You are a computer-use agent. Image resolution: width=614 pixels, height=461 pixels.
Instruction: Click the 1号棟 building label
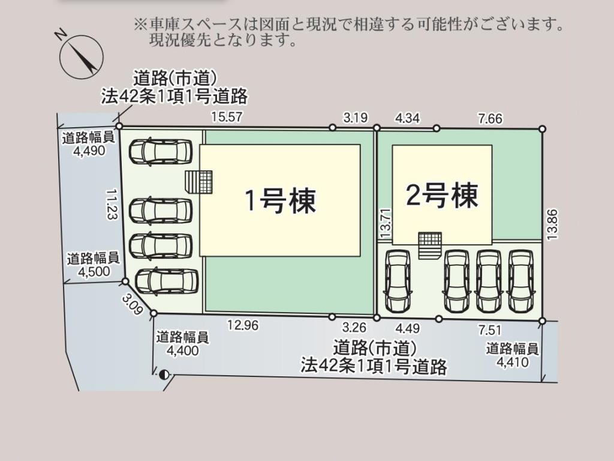(281, 200)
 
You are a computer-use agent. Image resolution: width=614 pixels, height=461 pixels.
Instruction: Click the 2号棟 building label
(442, 195)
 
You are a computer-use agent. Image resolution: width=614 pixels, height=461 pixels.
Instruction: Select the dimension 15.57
(227, 117)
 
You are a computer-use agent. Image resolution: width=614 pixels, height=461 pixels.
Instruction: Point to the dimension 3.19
(356, 118)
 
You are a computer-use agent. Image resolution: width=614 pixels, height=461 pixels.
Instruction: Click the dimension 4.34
(407, 118)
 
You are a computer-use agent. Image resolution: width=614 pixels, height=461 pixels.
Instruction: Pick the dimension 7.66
(490, 118)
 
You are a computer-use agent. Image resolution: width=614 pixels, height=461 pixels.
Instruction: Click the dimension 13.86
(552, 224)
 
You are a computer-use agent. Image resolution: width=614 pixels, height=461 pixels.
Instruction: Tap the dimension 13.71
(386, 222)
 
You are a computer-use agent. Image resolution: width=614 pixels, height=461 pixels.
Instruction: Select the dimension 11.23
(112, 204)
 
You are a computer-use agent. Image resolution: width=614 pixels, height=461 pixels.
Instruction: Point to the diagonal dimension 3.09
(132, 304)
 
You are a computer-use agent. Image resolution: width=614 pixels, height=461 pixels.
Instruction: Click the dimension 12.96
(243, 325)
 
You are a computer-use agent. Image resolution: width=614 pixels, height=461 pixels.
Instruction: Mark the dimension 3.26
(354, 327)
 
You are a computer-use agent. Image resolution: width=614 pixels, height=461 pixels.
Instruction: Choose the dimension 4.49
(407, 328)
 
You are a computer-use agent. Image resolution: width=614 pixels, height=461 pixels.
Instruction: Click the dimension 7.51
(489, 331)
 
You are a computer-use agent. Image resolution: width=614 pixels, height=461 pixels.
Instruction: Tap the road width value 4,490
(89, 151)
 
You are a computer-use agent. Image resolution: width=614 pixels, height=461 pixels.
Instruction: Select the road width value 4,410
(513, 362)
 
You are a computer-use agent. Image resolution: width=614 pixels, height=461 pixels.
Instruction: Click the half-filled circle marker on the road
(164, 375)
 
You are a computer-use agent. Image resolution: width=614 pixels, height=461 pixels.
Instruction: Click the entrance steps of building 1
(199, 181)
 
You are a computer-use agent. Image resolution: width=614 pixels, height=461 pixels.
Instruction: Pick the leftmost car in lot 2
(398, 281)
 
